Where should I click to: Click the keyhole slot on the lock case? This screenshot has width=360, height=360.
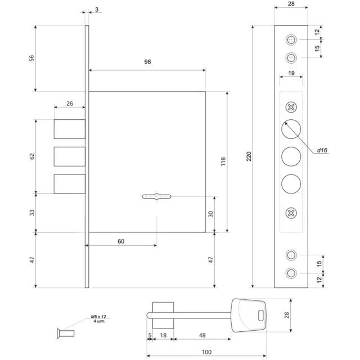156,196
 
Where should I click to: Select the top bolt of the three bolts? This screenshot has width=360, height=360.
70,129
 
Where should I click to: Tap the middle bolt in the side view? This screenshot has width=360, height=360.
70,156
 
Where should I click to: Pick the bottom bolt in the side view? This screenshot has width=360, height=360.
70,184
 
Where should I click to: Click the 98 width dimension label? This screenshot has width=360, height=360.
147,62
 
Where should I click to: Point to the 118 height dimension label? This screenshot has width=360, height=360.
223,161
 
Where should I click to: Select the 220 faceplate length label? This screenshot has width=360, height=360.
249,156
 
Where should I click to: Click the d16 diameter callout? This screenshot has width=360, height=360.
322,150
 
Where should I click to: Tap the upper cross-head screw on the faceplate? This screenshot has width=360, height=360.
291,107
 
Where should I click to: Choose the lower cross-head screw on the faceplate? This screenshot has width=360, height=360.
291,213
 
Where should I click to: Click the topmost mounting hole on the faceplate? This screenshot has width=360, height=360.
291,40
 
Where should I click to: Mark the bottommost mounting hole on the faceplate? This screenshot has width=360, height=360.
291,273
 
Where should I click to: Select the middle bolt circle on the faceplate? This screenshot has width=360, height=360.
291,156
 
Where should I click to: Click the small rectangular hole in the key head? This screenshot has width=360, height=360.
261,316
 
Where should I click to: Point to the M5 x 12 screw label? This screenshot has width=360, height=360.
98,317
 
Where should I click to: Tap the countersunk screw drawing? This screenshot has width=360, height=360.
66,334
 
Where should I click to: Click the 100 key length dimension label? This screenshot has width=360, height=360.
206,352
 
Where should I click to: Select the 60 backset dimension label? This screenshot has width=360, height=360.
121,241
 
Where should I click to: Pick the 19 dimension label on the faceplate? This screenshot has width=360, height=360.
291,73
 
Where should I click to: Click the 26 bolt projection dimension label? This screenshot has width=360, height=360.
70,103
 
